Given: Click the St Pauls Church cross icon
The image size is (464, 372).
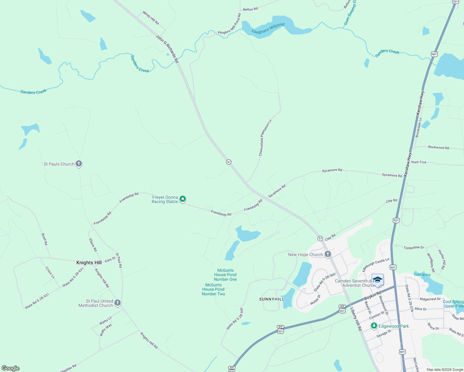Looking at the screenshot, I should (79, 164).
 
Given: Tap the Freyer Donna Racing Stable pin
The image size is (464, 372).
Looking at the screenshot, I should (183, 199).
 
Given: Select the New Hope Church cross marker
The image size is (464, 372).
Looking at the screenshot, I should (328, 254).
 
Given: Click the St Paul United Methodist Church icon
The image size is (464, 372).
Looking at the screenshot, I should (117, 303).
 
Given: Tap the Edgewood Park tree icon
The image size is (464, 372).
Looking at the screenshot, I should (374, 326).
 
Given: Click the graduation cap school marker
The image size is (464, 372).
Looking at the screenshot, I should (377, 280).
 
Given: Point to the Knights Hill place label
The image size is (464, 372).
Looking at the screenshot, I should (89, 263).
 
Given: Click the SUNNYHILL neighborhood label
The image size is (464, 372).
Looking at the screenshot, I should (272, 299).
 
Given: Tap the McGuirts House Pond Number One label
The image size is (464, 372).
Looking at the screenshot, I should (225, 275).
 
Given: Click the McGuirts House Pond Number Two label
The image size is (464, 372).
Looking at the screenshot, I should (213, 290).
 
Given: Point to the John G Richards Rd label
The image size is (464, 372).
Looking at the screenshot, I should (167, 49).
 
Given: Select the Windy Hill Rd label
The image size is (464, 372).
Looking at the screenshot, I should (151, 18).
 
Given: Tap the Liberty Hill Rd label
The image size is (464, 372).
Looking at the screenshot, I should (356, 319).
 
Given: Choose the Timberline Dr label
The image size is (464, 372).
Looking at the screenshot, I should (414, 248).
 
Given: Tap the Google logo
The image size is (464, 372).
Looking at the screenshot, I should (11, 368).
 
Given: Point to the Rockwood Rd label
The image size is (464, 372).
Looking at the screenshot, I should (439, 148).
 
